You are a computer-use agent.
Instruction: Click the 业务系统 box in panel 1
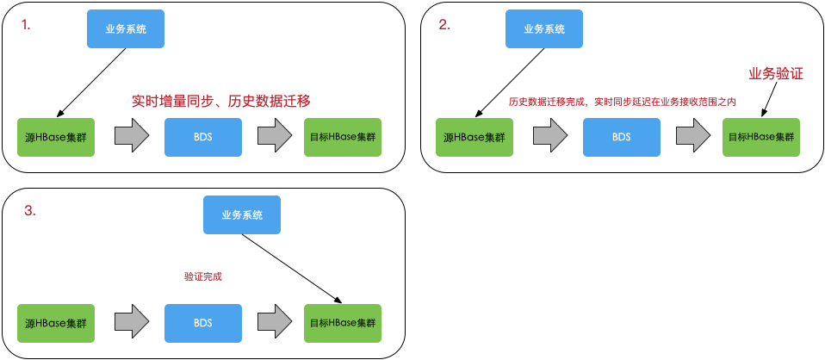click(x=125, y=29)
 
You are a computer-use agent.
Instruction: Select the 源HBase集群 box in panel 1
click(x=56, y=136)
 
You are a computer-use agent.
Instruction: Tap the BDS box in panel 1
click(x=202, y=136)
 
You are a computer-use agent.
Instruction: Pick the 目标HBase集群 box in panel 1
click(x=343, y=136)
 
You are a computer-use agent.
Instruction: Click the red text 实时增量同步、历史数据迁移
click(x=220, y=101)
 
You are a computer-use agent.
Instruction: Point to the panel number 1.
click(x=26, y=25)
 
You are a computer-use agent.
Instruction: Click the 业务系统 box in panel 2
click(x=544, y=29)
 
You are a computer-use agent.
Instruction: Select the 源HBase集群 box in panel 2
click(x=474, y=137)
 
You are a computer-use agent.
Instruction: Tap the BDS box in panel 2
click(x=621, y=137)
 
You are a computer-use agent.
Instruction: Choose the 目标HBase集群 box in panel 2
click(x=761, y=137)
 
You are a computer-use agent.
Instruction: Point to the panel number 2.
click(x=444, y=25)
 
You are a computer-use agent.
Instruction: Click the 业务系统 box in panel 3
click(x=242, y=214)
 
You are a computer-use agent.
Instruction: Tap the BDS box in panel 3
click(x=203, y=323)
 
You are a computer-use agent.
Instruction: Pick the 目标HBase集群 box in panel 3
click(x=343, y=323)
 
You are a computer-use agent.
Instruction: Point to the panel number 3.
click(x=29, y=212)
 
